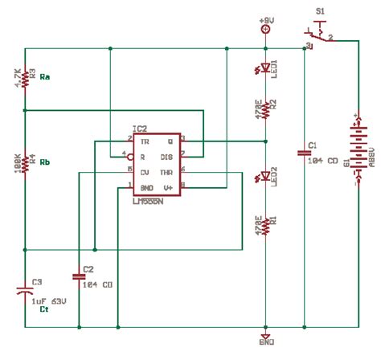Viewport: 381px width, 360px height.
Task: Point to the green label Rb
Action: (x=47, y=162)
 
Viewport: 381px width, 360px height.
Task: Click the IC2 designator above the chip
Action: (x=140, y=129)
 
